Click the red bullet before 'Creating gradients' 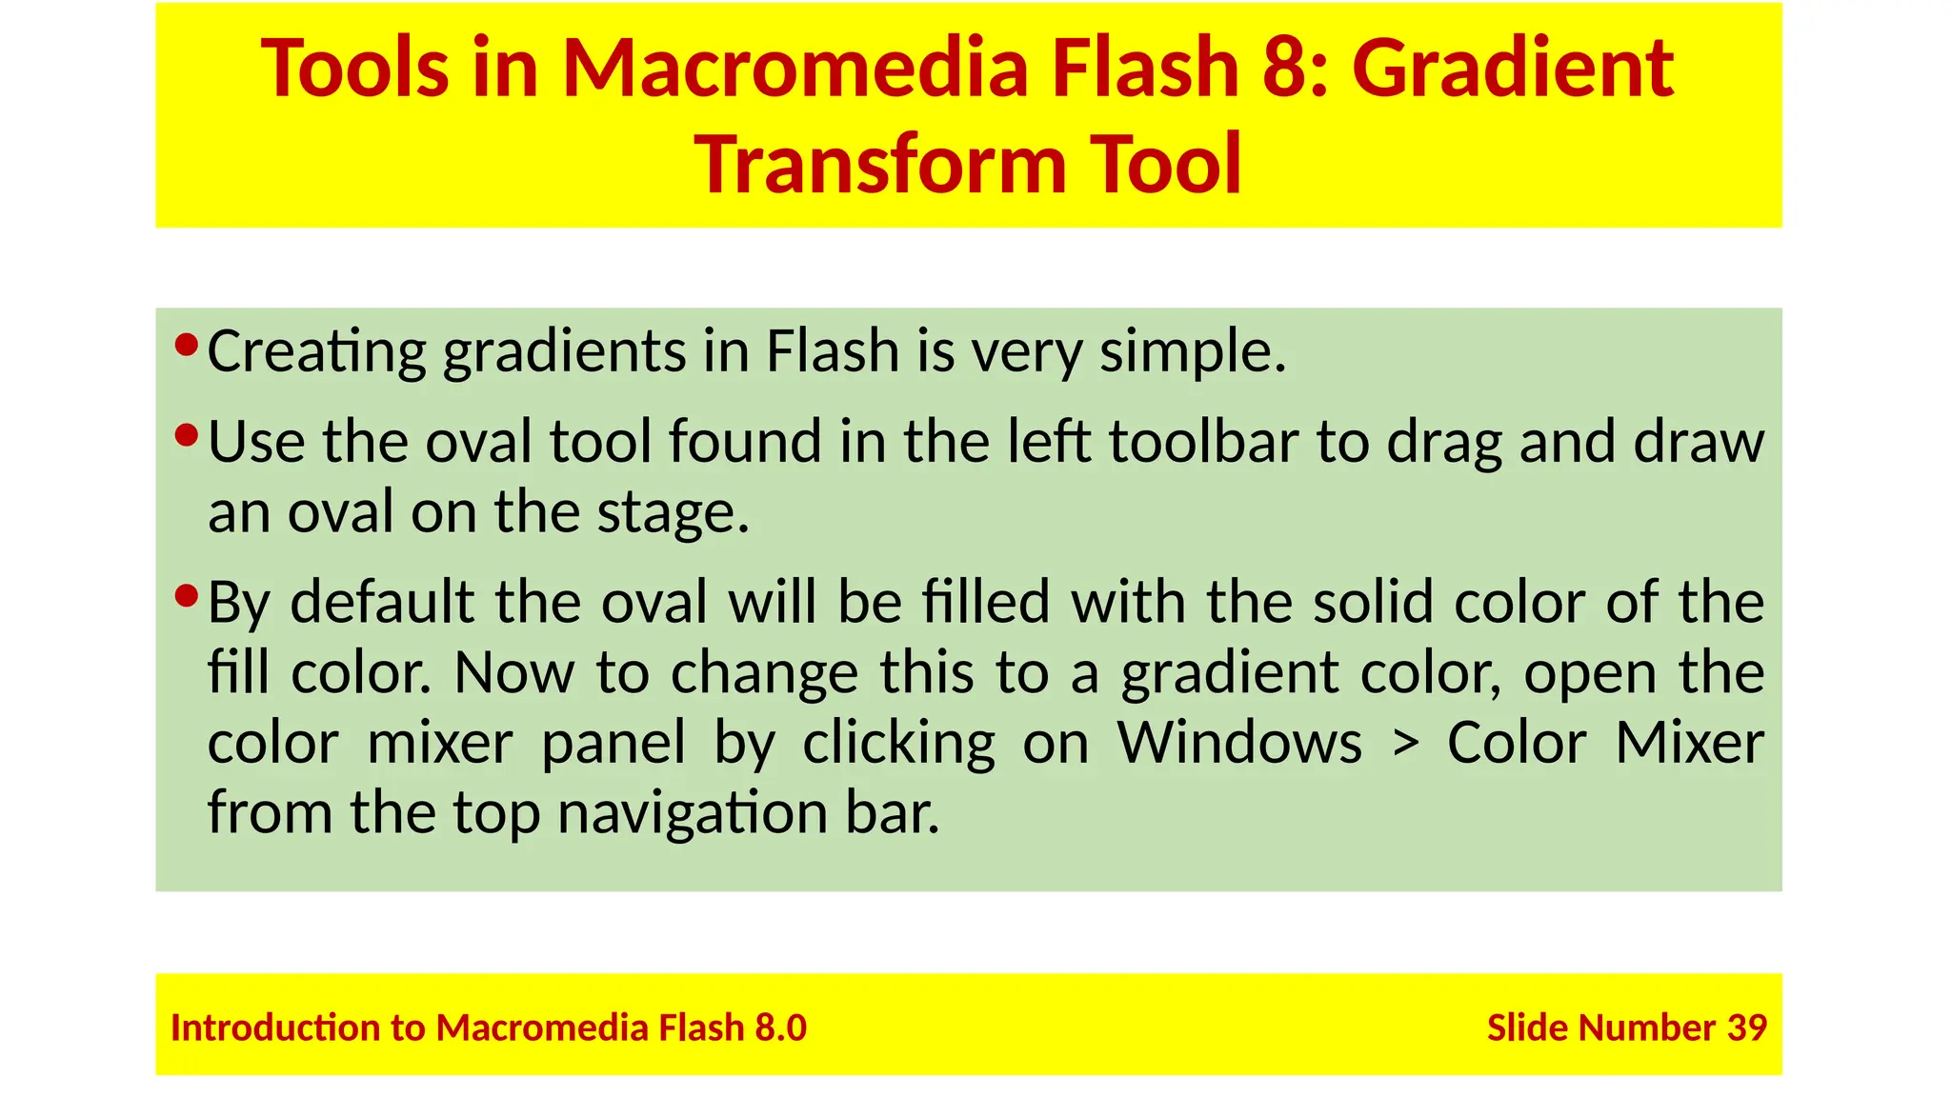pos(187,344)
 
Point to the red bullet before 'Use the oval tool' pos(187,436)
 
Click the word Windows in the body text pos(1239,744)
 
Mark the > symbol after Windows pos(1404,744)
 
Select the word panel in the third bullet pos(613,744)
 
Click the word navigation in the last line pos(693,814)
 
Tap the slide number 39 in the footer pos(1747,1028)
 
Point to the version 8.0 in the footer pos(780,1028)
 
